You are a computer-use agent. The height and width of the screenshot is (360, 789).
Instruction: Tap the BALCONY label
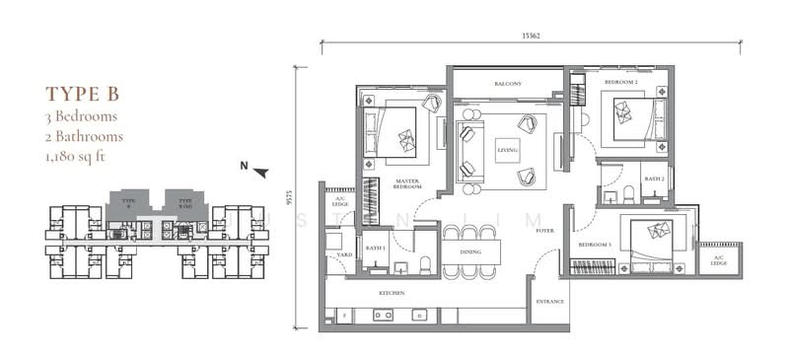(x=508, y=84)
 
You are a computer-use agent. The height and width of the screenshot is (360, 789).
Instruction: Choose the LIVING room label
(x=507, y=150)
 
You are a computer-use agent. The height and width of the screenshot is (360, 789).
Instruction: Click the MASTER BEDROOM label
(x=408, y=185)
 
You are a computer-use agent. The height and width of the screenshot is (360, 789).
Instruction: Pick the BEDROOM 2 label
(x=621, y=83)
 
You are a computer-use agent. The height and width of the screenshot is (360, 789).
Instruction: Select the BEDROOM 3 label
(x=595, y=244)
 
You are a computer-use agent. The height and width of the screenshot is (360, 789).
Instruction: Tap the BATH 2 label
(x=654, y=179)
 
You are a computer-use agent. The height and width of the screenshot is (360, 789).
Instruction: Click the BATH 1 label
(x=375, y=248)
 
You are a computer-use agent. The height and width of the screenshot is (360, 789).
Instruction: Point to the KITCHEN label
(x=394, y=293)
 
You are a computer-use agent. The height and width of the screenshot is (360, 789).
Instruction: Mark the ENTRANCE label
(x=548, y=301)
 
